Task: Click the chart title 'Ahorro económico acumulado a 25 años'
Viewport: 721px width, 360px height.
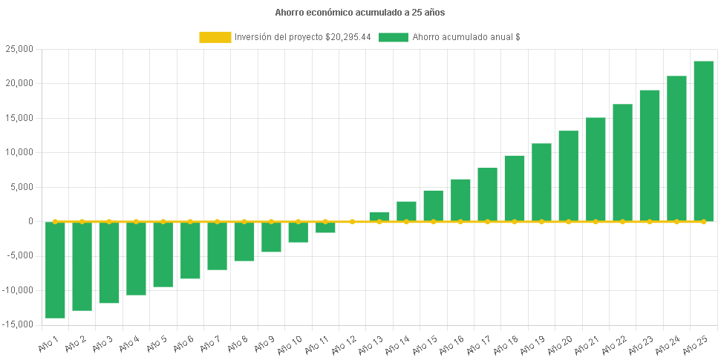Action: (360, 12)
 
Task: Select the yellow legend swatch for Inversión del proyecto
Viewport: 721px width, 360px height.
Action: (215, 37)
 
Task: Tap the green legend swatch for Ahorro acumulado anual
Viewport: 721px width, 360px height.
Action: (393, 37)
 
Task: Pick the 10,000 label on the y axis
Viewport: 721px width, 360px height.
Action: (21, 152)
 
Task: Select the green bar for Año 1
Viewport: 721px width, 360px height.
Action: (55, 270)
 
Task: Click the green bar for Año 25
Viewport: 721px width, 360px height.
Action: (703, 141)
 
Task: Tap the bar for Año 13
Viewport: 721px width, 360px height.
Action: (379, 217)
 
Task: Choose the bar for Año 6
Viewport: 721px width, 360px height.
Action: (190, 250)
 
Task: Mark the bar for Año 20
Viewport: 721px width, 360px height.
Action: (568, 176)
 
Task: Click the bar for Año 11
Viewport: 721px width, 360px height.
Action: (325, 227)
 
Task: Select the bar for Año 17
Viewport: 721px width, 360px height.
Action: (487, 194)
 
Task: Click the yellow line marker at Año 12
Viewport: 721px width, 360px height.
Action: (352, 221)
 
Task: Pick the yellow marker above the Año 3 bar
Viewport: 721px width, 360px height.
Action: (109, 221)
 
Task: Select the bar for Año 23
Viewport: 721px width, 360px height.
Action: (650, 155)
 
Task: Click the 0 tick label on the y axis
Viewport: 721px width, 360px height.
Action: (30, 221)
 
